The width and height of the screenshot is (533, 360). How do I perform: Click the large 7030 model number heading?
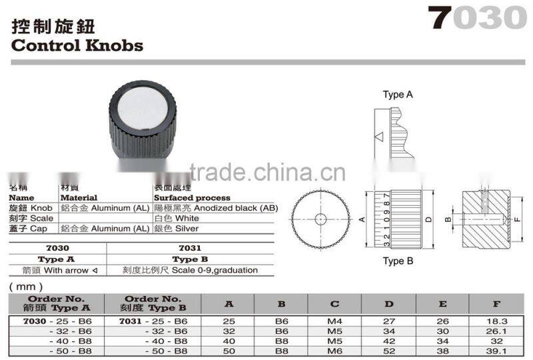[x=478, y=18]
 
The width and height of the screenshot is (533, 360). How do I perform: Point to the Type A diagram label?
[x=398, y=95]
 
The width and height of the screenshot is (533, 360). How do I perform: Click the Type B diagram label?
[x=398, y=261]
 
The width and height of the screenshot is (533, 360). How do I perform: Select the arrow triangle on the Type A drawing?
[x=378, y=137]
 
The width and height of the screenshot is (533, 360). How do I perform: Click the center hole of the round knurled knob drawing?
[x=320, y=218]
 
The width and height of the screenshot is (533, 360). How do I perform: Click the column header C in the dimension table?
[x=335, y=304]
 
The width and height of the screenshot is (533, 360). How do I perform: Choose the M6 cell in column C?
[x=335, y=351]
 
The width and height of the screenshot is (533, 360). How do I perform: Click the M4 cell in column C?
[x=335, y=321]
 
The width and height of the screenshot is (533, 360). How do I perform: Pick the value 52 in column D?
[x=389, y=351]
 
